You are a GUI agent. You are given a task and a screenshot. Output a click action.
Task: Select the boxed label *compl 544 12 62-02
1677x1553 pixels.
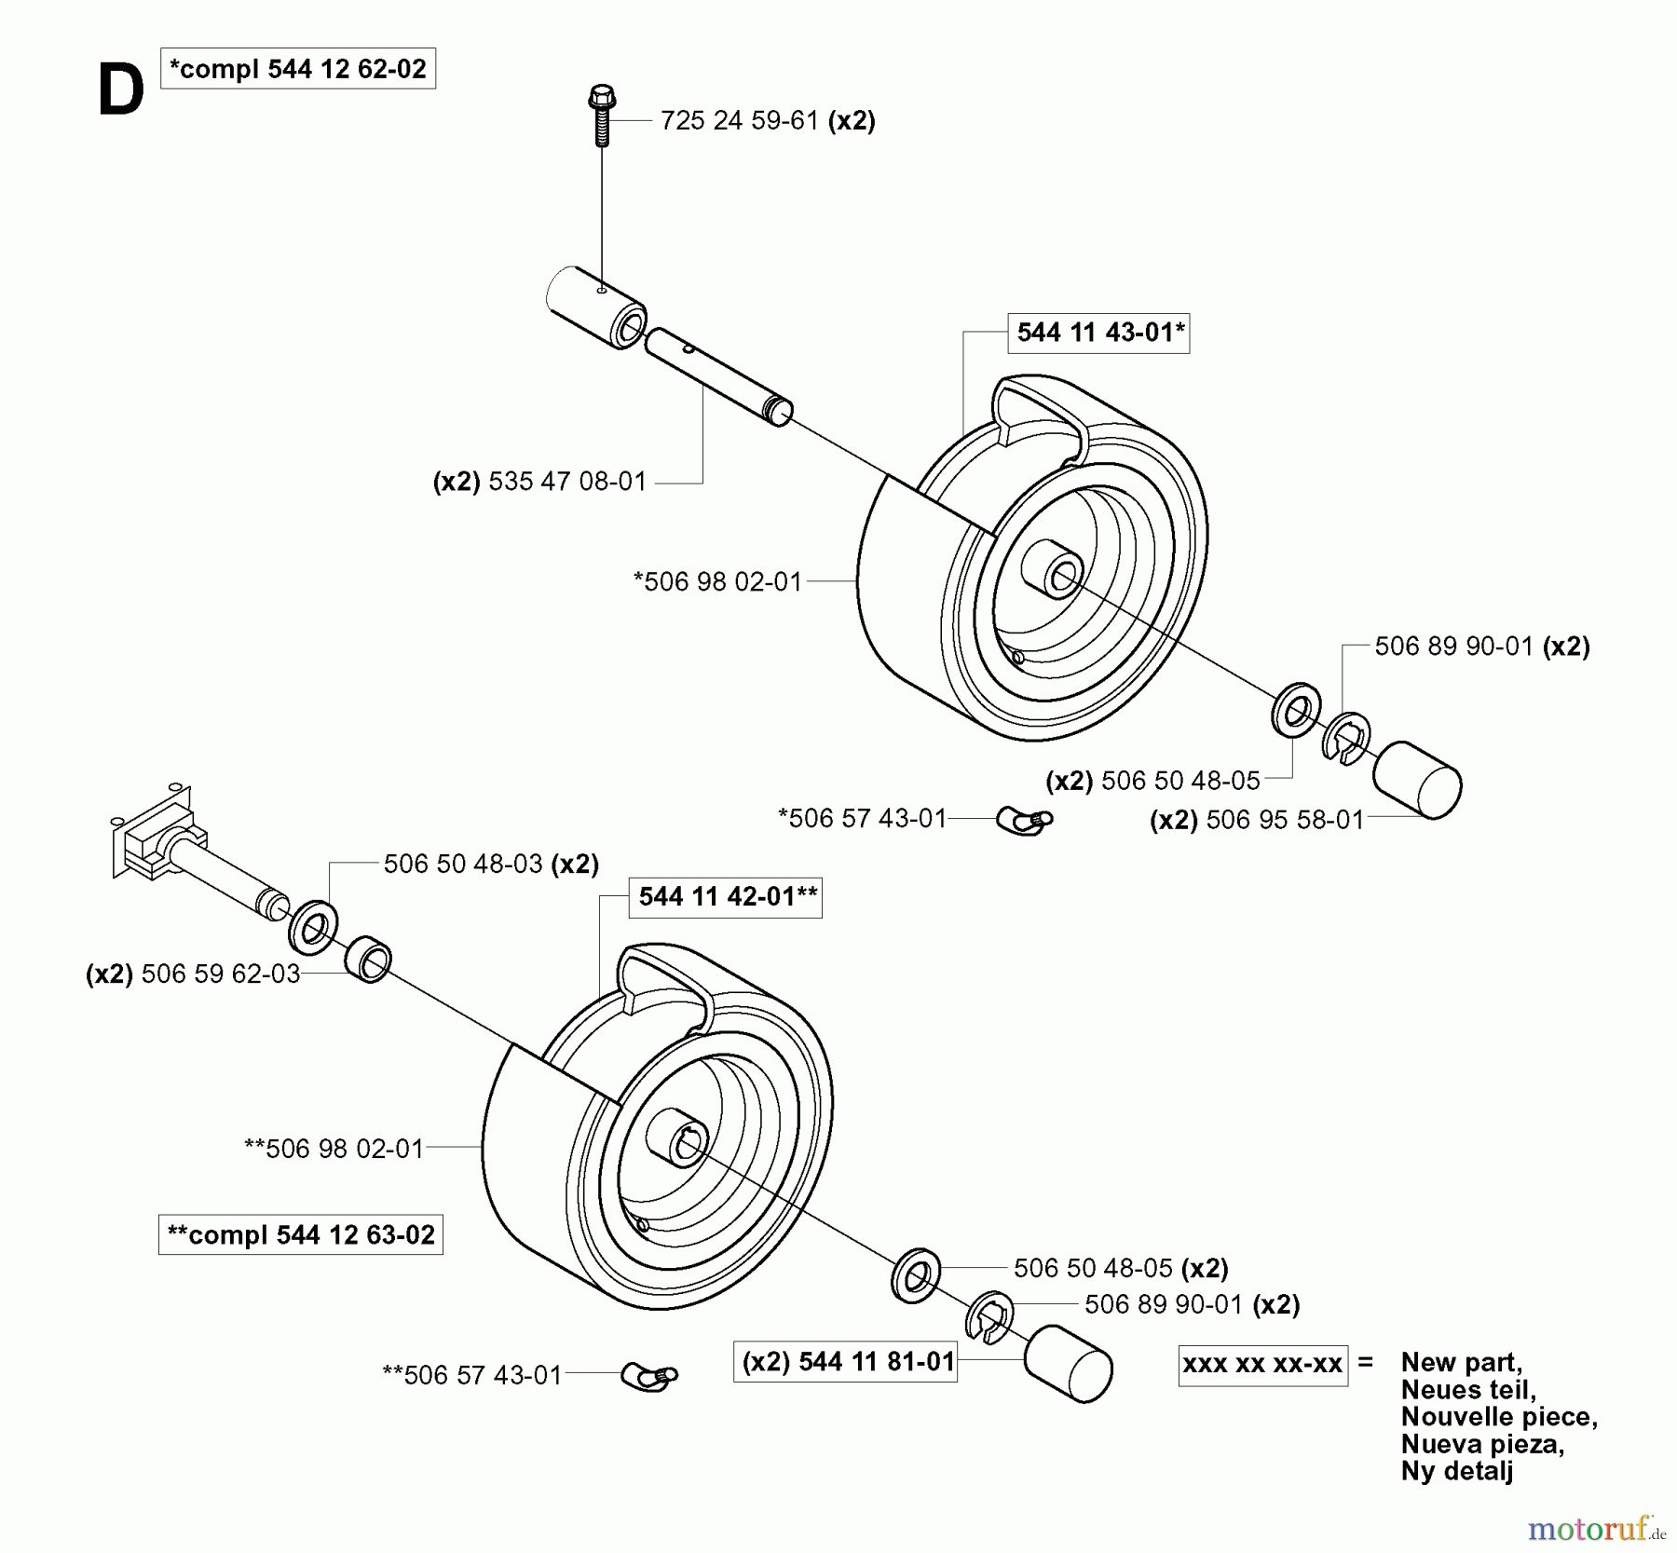coord(297,69)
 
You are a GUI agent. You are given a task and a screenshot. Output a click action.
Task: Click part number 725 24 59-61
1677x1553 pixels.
coord(739,121)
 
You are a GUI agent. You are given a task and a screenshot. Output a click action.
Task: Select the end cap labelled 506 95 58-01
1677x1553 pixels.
coord(1417,781)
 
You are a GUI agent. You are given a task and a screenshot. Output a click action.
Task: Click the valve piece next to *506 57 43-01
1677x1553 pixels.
coord(1025,820)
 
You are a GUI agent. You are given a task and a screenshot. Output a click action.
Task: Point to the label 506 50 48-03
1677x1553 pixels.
coord(463,865)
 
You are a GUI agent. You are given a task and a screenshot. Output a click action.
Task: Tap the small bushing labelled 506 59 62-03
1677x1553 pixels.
coord(369,960)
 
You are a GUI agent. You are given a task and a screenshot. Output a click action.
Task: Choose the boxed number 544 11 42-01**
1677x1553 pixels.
coord(725,897)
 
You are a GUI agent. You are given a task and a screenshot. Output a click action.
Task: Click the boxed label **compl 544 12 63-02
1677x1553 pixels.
coord(300,1235)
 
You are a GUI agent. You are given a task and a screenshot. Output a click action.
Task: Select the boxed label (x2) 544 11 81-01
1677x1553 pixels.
coord(845,1362)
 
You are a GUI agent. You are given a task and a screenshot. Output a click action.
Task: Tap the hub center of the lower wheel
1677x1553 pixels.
coord(683,1145)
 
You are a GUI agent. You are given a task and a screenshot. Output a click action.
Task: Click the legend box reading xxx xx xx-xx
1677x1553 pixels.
coord(1262,1365)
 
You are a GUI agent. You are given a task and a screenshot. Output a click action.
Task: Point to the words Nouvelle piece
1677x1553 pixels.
coord(1499,1417)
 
